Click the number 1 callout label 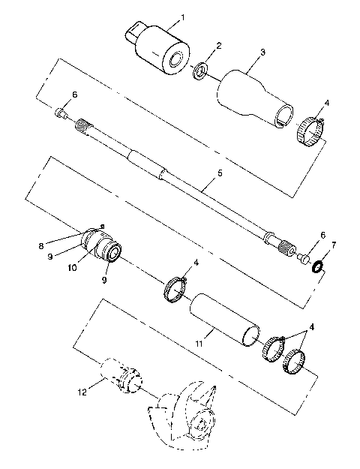point(183,17)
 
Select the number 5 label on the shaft point(219,174)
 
